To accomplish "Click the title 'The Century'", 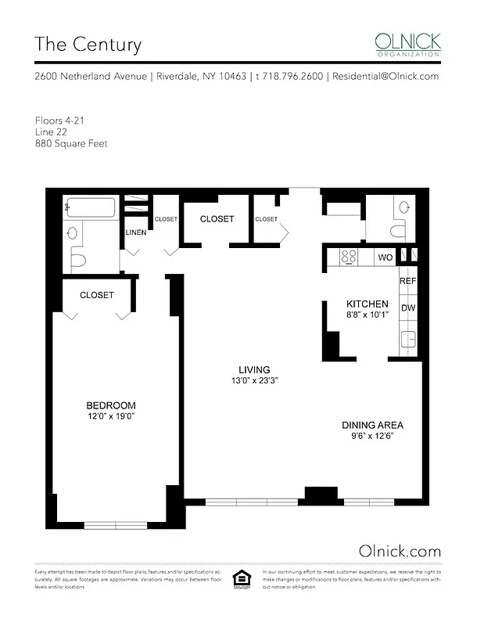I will (x=88, y=45).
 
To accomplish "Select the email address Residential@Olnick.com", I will (x=385, y=77).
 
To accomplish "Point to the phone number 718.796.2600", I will (x=290, y=77).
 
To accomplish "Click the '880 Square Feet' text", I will (x=70, y=143).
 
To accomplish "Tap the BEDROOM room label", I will (x=110, y=405).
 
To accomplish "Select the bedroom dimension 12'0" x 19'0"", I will (x=110, y=416).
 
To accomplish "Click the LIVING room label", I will (x=255, y=370).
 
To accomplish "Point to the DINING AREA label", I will (x=372, y=426).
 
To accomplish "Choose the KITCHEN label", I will (x=367, y=304).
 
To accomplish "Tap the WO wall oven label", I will (x=385, y=257).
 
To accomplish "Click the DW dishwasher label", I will (x=408, y=308).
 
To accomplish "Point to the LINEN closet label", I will (x=134, y=232).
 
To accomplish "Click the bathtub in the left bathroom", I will (x=91, y=208).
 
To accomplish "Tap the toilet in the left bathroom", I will (x=77, y=257).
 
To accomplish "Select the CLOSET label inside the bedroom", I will (x=97, y=295).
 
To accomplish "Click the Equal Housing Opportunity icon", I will (x=242, y=579).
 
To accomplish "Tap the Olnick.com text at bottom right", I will (x=399, y=550).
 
